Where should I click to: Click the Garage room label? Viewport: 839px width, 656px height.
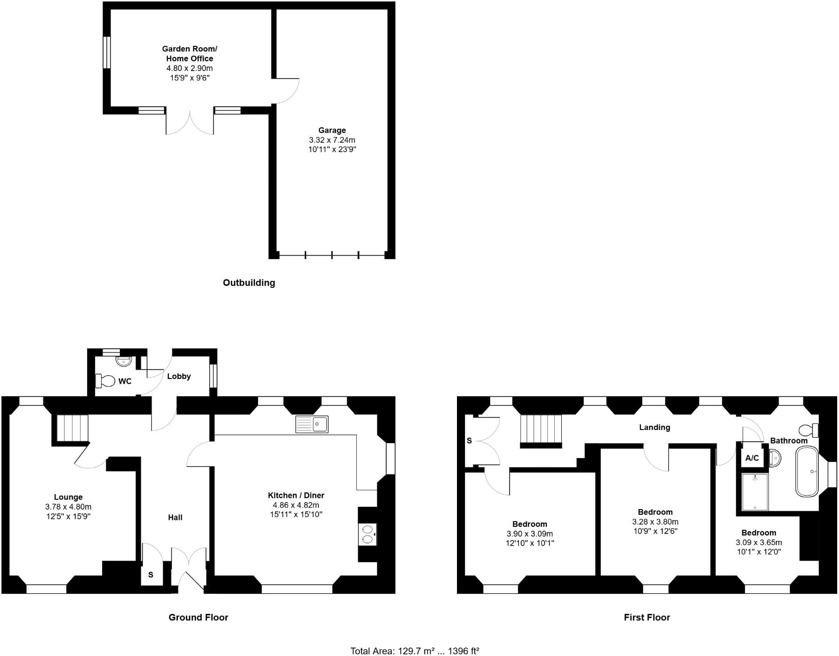point(332,130)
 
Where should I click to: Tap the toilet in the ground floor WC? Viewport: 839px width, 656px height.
point(106,381)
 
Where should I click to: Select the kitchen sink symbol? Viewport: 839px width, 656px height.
point(312,424)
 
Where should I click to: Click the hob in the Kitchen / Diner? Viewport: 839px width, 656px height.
point(368,534)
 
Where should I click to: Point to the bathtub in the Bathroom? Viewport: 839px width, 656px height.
point(807,471)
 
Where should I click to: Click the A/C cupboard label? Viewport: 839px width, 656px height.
point(752,458)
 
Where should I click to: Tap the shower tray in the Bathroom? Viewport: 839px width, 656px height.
point(755,492)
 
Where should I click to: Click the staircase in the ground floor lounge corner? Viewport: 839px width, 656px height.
point(72,428)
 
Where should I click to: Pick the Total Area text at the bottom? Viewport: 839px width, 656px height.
point(415,651)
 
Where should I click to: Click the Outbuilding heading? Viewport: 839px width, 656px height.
point(249,283)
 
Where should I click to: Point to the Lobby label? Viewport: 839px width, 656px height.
point(179,376)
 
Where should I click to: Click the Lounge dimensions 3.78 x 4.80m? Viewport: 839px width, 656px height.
point(68,507)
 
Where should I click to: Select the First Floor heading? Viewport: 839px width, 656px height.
point(647,617)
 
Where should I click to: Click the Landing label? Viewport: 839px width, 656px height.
point(655,427)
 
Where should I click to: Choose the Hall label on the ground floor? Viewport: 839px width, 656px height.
point(175,517)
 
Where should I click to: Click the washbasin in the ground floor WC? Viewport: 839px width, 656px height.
point(125,361)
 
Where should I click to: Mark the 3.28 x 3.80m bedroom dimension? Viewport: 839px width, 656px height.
point(655,522)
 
